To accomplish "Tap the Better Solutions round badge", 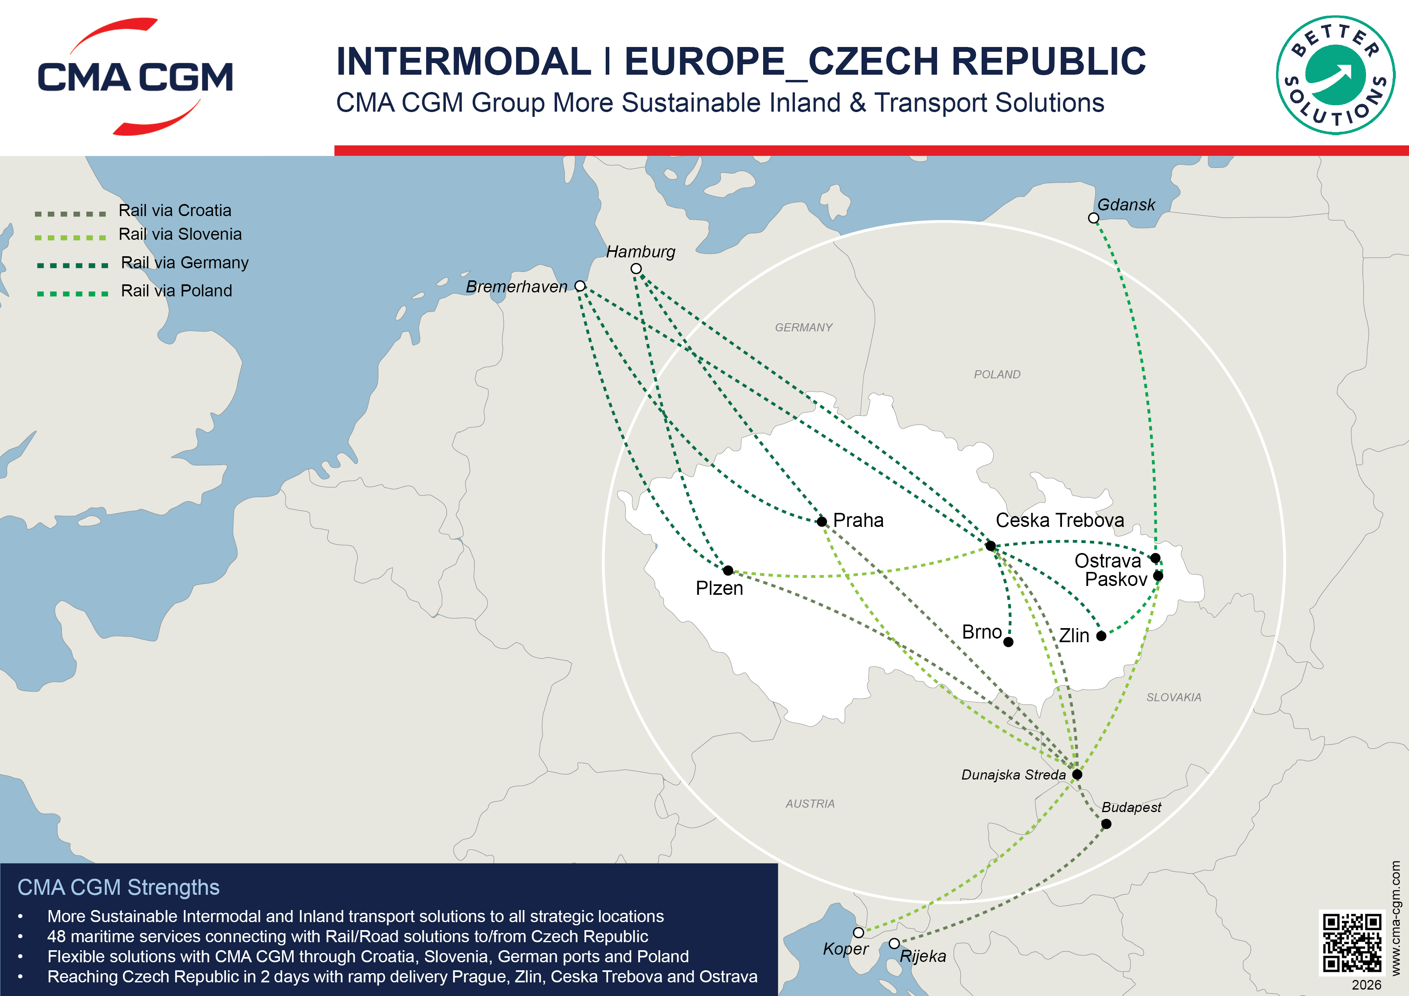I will coord(1335,75).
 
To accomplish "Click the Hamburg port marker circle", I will coord(636,269).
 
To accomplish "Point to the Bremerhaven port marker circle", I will coord(580,286).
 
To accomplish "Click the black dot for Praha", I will coord(822,522).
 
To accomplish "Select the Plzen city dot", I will coord(728,570).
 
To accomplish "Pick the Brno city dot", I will coord(1008,642).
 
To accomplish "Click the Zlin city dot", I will coord(1101,636).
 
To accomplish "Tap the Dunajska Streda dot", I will coord(1077,774).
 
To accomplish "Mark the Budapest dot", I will coord(1106,824).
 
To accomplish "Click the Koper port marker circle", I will coord(858,933).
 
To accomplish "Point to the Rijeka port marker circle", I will coord(894,943).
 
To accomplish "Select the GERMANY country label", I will coord(803,328).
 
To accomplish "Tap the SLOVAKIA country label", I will coord(1173,697).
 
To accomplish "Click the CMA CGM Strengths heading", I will coord(118,888).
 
